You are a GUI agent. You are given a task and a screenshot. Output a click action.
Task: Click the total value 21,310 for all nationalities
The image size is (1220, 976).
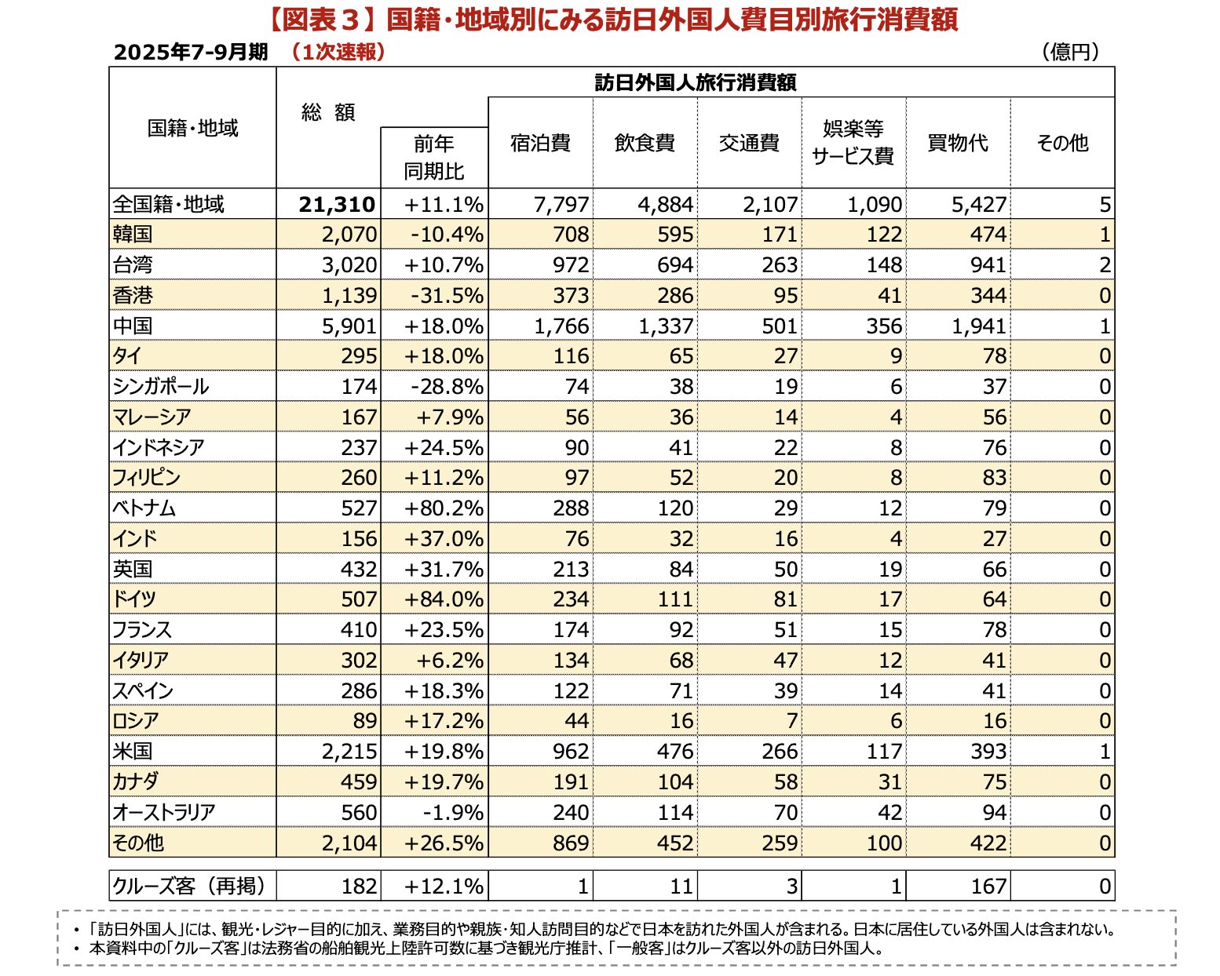pos(337,205)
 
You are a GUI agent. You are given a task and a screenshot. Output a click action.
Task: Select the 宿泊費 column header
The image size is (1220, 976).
pos(540,143)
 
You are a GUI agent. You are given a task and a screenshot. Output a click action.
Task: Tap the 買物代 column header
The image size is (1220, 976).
pos(957,143)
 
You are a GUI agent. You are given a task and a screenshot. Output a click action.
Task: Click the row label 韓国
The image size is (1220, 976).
pos(133,235)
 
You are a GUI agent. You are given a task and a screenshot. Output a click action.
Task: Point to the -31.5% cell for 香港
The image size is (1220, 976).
pos(447,296)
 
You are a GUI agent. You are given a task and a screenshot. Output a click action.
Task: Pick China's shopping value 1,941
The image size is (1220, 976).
pos(978,326)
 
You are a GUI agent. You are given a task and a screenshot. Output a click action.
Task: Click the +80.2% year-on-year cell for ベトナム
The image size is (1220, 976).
pos(444,508)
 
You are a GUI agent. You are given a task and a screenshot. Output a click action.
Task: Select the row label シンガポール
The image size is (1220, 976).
pos(161,387)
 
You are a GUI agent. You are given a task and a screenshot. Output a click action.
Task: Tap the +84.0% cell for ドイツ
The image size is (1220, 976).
pos(444,599)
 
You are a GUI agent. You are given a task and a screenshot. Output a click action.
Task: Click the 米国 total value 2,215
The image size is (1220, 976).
pos(349,752)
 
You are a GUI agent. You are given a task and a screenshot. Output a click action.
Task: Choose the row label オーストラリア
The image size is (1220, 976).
pos(164,813)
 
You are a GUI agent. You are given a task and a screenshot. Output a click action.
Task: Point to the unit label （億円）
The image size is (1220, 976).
pos(1070,52)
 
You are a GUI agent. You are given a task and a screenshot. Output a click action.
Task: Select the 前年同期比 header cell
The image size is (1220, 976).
pos(434,158)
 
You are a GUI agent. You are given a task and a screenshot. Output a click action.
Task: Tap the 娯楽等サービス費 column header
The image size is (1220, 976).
pos(853,143)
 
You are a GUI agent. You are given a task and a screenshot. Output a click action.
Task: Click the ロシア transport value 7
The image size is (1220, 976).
pos(791,721)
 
